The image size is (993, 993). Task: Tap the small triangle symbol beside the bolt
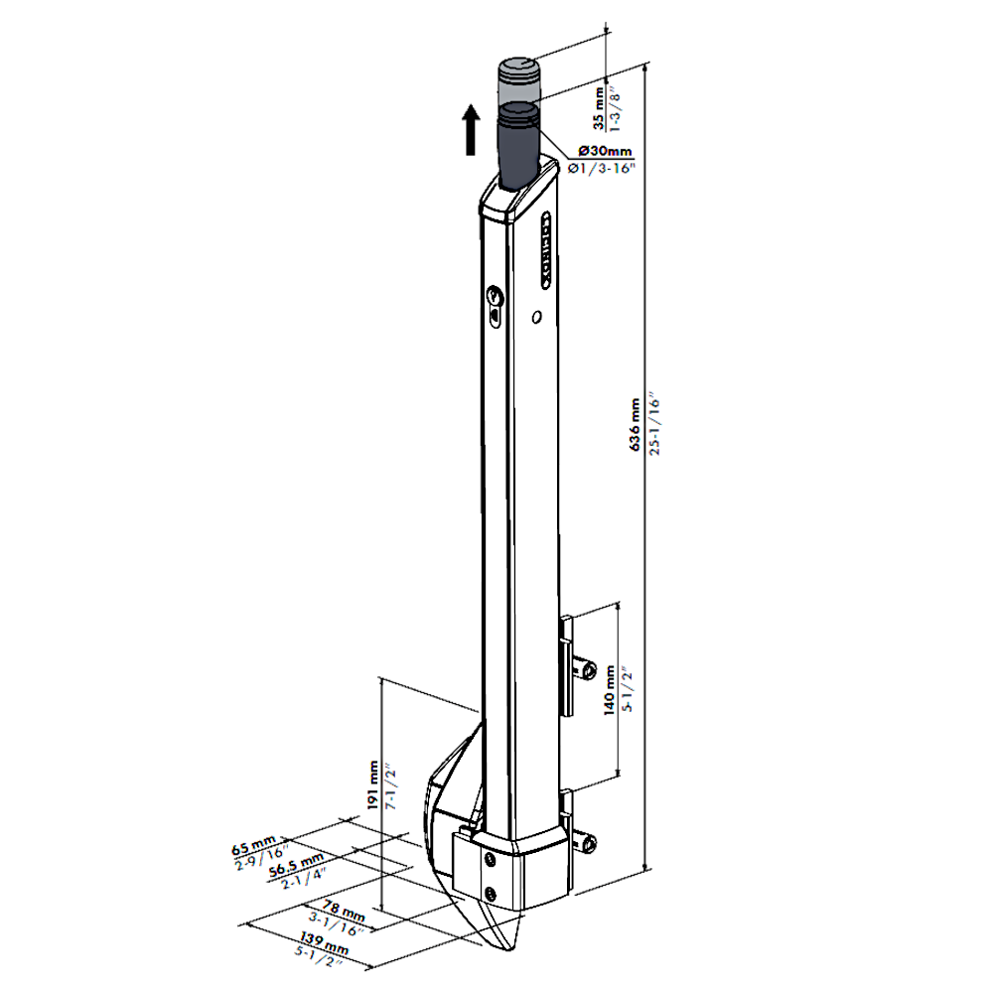pos(470,114)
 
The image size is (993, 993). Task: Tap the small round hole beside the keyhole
pos(536,317)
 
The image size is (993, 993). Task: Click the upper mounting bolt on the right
pos(587,674)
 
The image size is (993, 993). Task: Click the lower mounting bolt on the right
pos(589,845)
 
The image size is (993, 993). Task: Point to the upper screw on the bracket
pos(490,859)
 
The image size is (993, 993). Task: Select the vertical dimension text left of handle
pos(378,784)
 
